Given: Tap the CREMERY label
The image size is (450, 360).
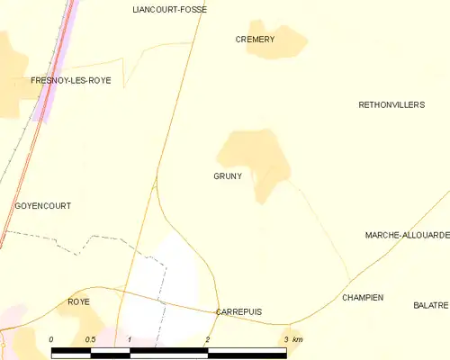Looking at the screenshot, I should pos(255,40).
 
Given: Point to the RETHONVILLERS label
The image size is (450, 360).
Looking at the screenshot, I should pos(391,105).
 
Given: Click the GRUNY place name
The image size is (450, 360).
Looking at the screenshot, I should pos(228,176).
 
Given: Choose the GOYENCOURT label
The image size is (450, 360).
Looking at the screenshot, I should pos(43,206).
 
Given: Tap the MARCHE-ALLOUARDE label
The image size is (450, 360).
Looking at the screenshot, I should pos(407,235).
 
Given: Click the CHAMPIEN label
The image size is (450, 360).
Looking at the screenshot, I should pos(363,297).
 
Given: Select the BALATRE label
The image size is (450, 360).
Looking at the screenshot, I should pos(431,306).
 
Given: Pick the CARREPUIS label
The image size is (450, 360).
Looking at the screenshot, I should pos(238,311).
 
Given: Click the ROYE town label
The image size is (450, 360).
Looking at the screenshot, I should pos(78,302).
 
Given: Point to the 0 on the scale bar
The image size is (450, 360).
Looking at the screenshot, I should pos(51,339).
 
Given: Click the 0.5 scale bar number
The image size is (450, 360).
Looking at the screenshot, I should pos(90,339).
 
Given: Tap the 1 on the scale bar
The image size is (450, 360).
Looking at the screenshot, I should pos(130,339).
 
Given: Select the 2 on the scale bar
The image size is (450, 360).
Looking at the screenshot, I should pos(208,339).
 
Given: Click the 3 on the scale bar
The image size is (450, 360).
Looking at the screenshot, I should pos(286,339).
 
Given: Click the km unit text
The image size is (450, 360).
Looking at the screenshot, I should pos(298,339).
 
